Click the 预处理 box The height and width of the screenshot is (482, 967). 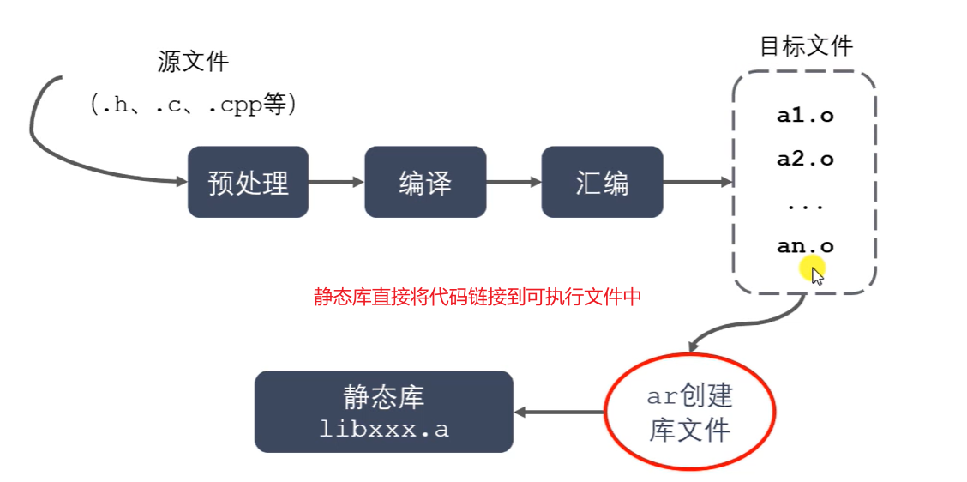(248, 182)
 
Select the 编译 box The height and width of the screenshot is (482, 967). (425, 182)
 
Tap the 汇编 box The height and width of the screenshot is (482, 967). (602, 182)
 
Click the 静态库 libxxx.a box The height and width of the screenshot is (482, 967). (383, 412)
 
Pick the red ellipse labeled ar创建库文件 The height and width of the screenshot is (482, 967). (689, 413)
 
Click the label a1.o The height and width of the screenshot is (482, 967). (805, 116)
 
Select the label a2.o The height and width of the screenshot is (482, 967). (805, 159)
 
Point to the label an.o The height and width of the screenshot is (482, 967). (803, 246)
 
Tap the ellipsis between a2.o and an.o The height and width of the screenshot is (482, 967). (805, 206)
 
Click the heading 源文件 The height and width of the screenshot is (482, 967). (193, 62)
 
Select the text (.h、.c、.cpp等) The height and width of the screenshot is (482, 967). (193, 105)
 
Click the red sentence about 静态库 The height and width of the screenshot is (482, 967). (477, 298)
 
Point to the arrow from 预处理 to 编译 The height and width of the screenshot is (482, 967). (336, 182)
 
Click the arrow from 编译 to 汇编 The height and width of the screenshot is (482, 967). (514, 182)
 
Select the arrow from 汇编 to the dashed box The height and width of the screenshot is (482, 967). (697, 182)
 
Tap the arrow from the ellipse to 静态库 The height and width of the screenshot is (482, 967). (559, 413)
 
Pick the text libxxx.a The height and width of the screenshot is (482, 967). (383, 429)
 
